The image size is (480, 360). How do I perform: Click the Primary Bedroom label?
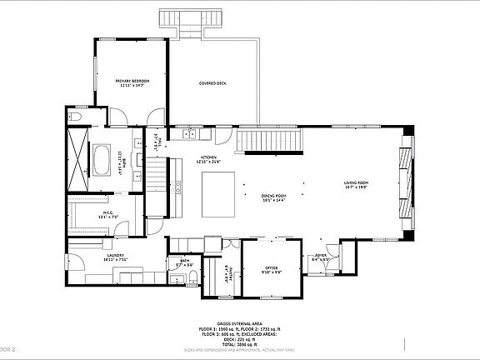[132, 82]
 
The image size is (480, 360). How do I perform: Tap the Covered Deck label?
[213, 84]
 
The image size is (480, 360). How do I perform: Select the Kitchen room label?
[208, 160]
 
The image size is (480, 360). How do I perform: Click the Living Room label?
[357, 185]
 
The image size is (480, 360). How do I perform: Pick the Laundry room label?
[115, 257]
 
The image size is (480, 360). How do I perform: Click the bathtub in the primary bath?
[102, 160]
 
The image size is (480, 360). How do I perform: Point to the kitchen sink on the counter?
[191, 133]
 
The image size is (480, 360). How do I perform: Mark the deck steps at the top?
[191, 17]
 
